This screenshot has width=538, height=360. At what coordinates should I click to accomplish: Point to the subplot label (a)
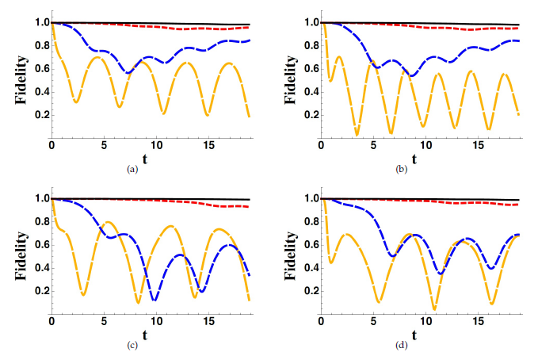click(x=131, y=169)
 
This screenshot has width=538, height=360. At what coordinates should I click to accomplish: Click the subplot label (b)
click(x=401, y=169)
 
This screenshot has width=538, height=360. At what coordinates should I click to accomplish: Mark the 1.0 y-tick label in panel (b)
click(x=308, y=22)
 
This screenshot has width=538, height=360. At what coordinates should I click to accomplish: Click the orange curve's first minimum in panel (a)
click(x=75, y=102)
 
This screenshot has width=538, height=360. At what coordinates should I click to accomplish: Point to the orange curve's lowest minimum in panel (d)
click(x=434, y=308)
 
